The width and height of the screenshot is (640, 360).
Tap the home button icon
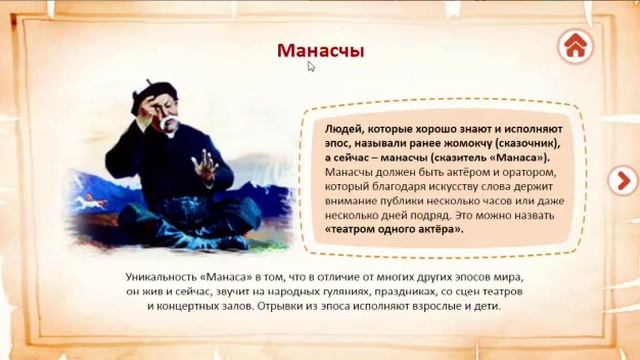[x=575, y=45]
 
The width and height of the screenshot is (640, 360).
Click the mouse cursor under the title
[x=312, y=67]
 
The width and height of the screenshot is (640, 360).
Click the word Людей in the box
[x=344, y=130]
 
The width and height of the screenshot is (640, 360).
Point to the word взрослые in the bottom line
[x=429, y=305]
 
